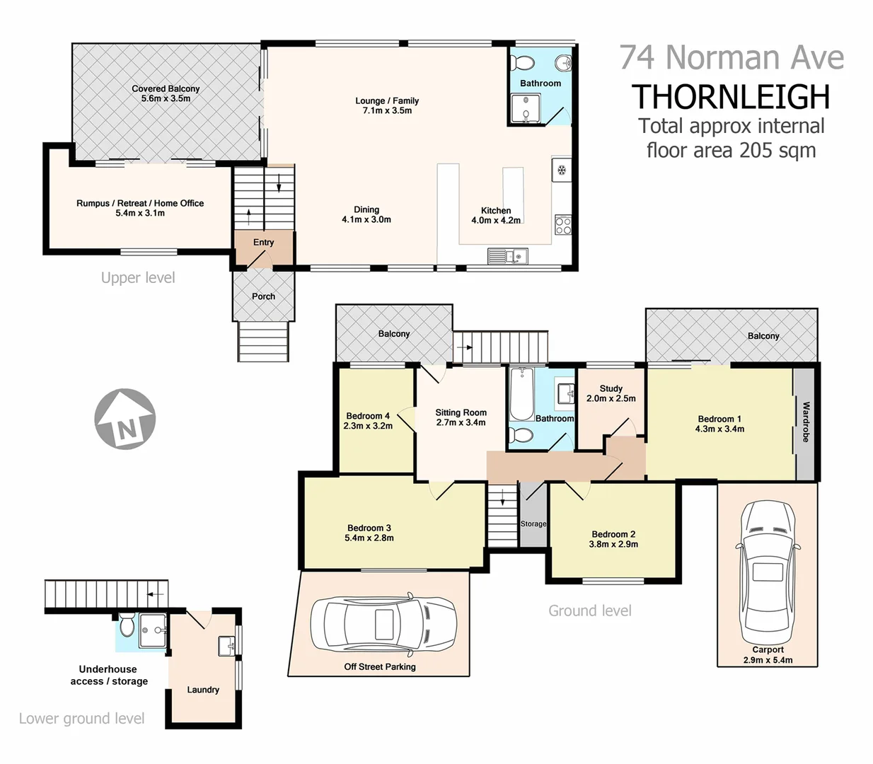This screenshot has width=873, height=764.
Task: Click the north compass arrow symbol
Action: pos(125,419)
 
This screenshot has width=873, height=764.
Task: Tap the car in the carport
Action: pos(768,569)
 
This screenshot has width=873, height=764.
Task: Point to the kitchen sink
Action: pos(507,255)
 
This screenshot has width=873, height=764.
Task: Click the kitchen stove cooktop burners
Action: pos(563,226)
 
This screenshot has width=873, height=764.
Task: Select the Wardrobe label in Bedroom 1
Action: pos(805,422)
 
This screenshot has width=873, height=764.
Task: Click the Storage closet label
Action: pos(533,524)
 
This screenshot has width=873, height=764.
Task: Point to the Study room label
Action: pos(611,388)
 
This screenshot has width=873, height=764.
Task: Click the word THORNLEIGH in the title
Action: pos(731,97)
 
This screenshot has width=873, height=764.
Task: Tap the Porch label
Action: pos(263,296)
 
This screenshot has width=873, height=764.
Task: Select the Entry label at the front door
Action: pos(263,242)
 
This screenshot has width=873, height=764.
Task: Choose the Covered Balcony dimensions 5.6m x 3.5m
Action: pos(166,99)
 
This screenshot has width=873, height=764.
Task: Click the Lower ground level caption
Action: pos(81,719)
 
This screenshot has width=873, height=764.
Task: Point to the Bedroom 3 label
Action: pos(369,528)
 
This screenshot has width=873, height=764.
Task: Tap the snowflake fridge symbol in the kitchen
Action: pos(562,170)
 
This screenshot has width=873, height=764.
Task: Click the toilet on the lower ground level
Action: pos(127,625)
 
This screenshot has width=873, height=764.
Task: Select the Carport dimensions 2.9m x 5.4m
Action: pos(768,660)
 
